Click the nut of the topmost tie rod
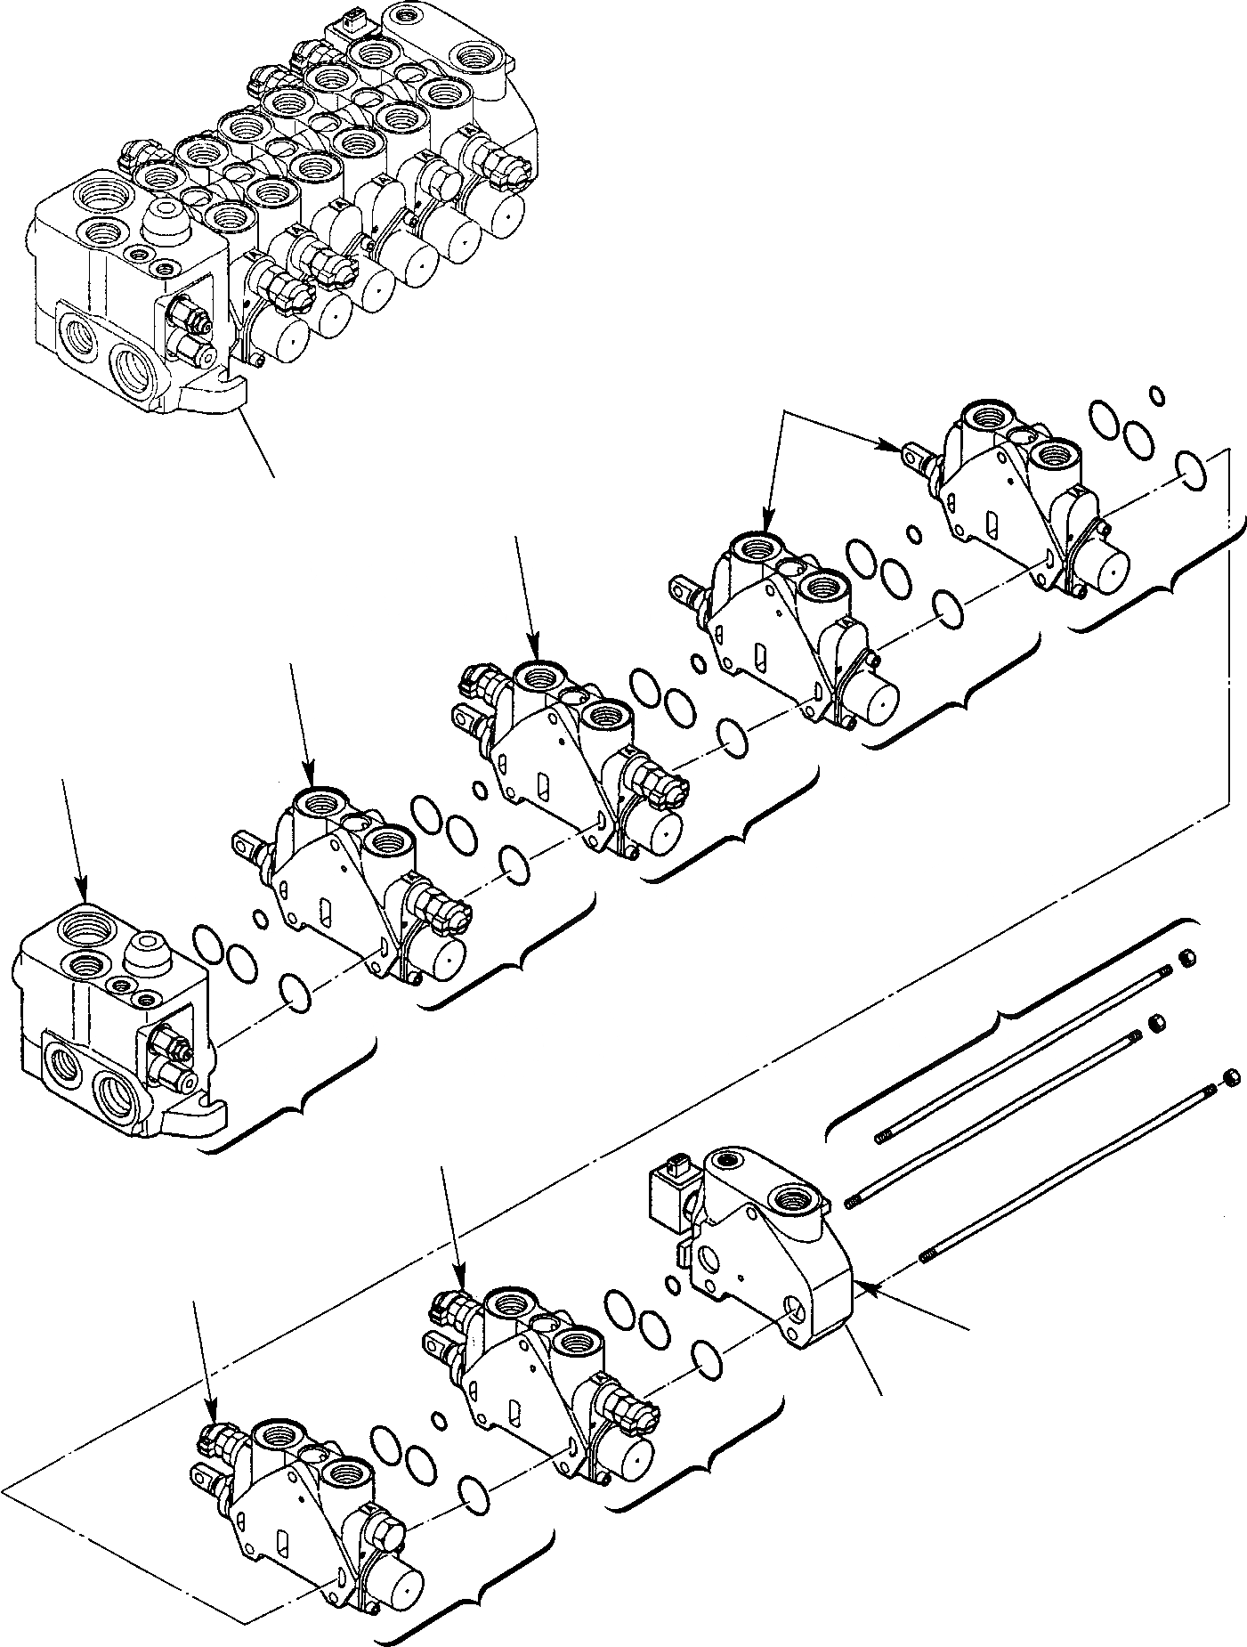click(x=1186, y=958)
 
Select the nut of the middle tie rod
click(x=1157, y=1023)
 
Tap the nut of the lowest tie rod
click(x=1233, y=1077)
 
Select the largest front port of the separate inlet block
click(x=117, y=1092)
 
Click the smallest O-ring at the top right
click(x=1156, y=393)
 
